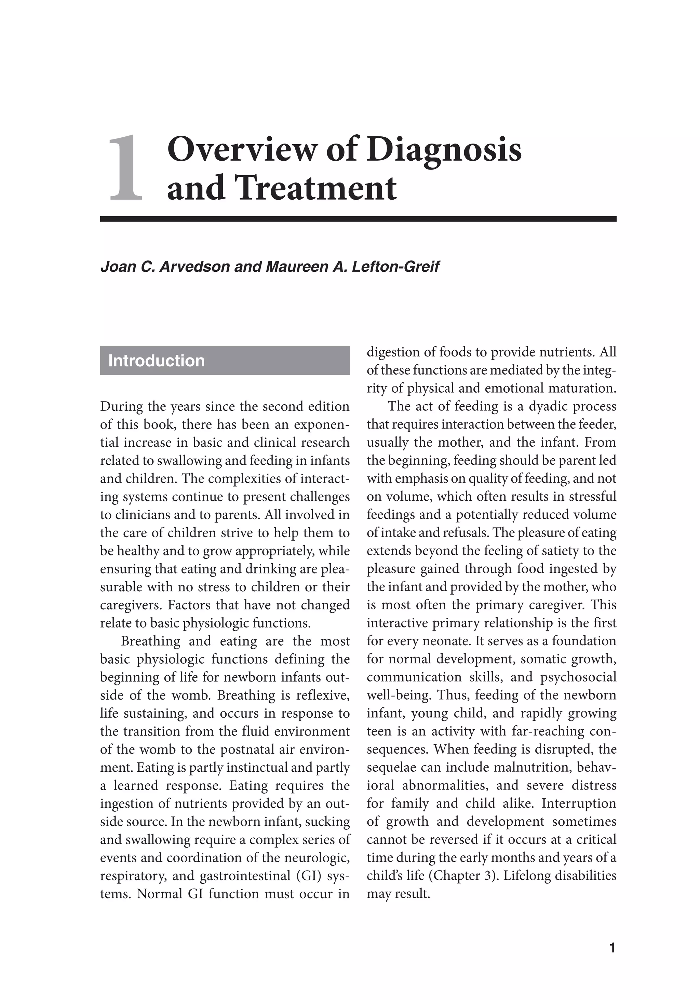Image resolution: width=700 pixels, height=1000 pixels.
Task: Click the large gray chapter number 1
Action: [125, 169]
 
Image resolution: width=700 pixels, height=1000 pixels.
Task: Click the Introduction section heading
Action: [157, 361]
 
